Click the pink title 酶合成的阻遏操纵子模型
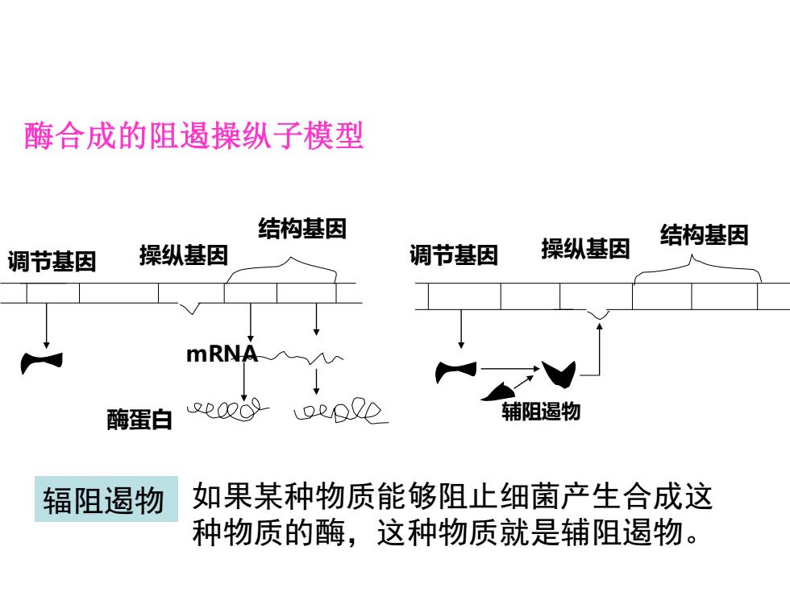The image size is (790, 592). click(x=194, y=136)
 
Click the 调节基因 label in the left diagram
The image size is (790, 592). click(x=52, y=262)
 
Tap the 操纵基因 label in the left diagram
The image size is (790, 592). click(x=184, y=255)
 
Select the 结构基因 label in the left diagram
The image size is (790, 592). click(x=302, y=229)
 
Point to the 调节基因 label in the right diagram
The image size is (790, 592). click(x=454, y=255)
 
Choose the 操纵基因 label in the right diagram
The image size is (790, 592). click(x=586, y=249)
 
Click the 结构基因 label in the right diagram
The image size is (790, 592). click(x=705, y=235)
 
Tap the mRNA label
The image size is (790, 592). click(x=222, y=354)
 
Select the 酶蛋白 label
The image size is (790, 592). click(x=139, y=420)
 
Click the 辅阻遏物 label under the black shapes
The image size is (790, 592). click(x=541, y=412)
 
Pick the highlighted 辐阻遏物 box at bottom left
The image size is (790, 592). click(x=106, y=499)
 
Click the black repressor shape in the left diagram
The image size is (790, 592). click(x=41, y=362)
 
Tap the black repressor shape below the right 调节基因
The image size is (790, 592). click(x=456, y=371)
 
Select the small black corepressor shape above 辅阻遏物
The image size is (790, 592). click(x=499, y=392)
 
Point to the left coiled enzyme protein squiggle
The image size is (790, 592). click(x=227, y=410)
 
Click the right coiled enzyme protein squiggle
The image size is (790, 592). click(x=340, y=411)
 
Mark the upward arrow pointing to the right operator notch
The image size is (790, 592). click(x=600, y=349)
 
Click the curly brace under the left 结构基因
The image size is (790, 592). click(x=281, y=269)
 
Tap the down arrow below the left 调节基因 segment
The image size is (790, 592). click(x=47, y=325)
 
